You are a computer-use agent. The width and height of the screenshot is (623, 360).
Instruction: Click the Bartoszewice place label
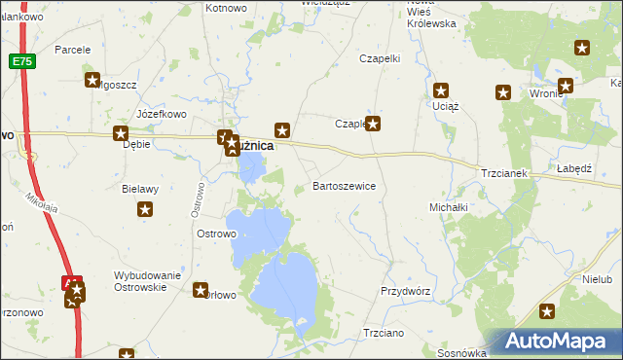click(344, 185)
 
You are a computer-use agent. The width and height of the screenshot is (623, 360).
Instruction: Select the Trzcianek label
click(503, 173)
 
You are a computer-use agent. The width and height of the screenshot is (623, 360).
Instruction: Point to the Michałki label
click(449, 207)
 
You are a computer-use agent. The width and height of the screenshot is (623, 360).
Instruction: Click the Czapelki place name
click(380, 58)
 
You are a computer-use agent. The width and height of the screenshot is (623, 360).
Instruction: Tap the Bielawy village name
click(140, 189)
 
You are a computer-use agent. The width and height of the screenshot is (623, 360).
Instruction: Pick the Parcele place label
click(73, 49)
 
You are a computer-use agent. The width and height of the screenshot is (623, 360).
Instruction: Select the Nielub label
click(597, 279)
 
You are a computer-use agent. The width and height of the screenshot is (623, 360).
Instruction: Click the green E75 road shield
click(22, 61)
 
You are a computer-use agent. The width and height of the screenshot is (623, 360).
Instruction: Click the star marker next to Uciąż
click(441, 90)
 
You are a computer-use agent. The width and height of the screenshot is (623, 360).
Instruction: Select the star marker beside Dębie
click(121, 134)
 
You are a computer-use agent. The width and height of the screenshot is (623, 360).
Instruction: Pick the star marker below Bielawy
click(145, 208)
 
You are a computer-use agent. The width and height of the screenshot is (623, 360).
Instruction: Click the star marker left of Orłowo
click(201, 289)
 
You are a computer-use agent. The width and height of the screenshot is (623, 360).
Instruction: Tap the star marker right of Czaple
click(372, 124)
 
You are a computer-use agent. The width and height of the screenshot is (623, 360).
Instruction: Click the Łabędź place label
click(574, 168)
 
